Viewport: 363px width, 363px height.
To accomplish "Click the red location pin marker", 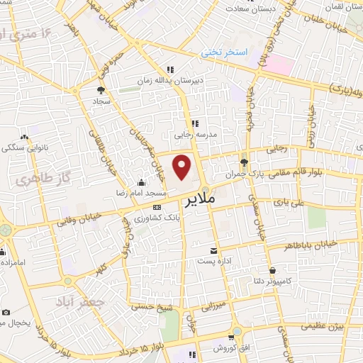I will click(183, 167).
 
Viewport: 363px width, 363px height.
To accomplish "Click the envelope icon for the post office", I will click(213, 251).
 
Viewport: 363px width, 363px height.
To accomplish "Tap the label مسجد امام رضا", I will click(143, 192).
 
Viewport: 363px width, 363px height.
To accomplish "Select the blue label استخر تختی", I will click(223, 53).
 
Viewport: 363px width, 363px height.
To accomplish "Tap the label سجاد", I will click(101, 101).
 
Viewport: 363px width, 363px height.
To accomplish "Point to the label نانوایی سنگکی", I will click(24, 147).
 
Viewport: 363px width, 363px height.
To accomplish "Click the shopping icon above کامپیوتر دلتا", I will click(272, 270).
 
